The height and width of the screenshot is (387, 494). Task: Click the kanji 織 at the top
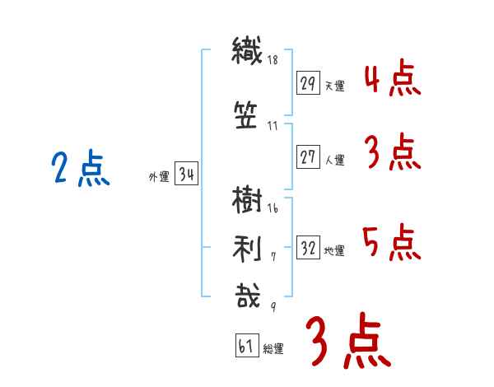tap(247, 51)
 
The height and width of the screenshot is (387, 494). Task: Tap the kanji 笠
tap(246, 115)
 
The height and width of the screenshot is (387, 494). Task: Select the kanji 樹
tap(247, 199)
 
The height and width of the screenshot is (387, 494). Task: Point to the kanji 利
tap(247, 249)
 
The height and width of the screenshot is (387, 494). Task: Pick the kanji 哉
tap(248, 295)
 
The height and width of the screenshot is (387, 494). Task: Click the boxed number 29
tap(308, 83)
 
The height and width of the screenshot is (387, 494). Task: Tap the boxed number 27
tap(308, 156)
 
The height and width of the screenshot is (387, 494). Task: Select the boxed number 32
tap(308, 247)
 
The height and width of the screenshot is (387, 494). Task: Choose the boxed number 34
tap(186, 173)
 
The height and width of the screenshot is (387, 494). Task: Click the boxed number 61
tap(247, 345)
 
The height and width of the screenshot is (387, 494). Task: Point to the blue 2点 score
tap(81, 167)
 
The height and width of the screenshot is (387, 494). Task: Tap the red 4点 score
tap(392, 77)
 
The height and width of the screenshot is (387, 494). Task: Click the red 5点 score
tap(392, 242)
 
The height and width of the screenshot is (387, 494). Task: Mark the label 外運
tap(159, 177)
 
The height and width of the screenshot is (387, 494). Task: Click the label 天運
tap(335, 86)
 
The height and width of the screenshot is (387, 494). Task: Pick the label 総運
tap(273, 348)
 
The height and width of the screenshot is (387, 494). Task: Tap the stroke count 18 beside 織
tap(273, 60)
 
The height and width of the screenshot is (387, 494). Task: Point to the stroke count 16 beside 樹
tap(273, 208)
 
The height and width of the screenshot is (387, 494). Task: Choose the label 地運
tap(334, 251)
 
